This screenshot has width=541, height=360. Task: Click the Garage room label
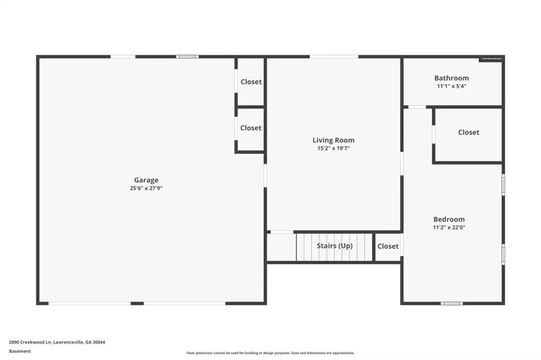point(146,180)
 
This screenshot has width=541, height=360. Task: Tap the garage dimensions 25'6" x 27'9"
point(146,188)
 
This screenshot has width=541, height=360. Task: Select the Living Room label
point(333,140)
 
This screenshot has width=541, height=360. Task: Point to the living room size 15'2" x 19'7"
point(333,148)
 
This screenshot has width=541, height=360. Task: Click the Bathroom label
point(451,78)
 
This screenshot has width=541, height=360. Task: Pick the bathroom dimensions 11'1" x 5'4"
point(451,86)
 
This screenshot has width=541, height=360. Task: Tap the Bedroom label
point(449,219)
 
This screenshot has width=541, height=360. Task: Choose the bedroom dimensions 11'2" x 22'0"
point(449,228)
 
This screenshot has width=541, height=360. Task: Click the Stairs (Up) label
point(334,246)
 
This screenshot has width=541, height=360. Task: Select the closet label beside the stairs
point(388,246)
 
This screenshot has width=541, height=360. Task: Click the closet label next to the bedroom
point(469,132)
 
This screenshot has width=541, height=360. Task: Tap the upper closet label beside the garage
point(251,82)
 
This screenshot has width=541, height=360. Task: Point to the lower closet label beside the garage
point(250,128)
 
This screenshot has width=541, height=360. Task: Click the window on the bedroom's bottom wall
point(452,304)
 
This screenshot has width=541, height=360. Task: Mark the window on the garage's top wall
point(188,56)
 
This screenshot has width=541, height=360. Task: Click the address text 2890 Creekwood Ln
point(30,343)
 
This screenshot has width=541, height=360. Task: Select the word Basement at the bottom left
point(20,352)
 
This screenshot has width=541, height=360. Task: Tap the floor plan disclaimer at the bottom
point(270,353)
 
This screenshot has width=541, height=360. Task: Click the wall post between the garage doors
point(137,304)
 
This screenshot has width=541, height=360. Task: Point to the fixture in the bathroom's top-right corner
point(491,59)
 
